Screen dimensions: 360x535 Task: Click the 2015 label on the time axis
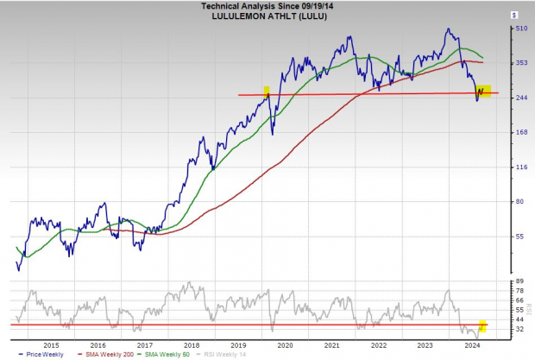[x=51, y=344]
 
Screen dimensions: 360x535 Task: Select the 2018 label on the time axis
[x=192, y=344]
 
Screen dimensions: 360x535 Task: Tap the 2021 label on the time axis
[x=331, y=344]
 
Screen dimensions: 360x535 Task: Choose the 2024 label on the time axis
[x=472, y=344]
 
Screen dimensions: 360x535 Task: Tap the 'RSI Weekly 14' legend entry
[x=223, y=354]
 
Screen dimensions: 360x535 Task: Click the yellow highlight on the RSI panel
[x=483, y=326]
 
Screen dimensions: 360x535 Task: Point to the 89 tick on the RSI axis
[x=519, y=282]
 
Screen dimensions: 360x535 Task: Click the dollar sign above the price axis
[x=514, y=15]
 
